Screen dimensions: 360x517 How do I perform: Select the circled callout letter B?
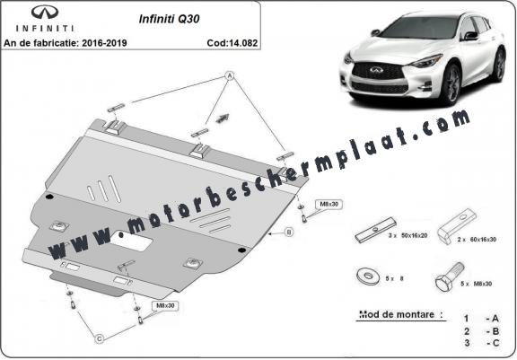click(289, 233)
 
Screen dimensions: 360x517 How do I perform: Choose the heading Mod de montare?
click(388, 315)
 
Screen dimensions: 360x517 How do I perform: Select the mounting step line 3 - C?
click(480, 344)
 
